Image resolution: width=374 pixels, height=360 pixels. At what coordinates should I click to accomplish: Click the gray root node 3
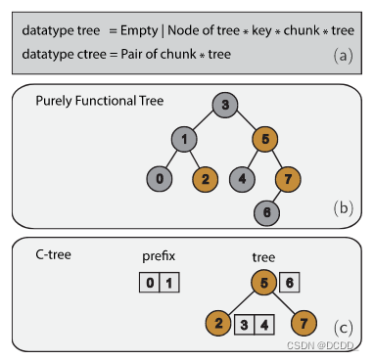(224, 106)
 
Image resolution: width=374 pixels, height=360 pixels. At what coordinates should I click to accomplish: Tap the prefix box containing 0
(148, 285)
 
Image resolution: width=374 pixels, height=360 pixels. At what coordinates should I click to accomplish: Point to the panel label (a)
(342, 55)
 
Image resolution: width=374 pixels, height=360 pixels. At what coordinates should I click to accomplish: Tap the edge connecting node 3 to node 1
(206, 123)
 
